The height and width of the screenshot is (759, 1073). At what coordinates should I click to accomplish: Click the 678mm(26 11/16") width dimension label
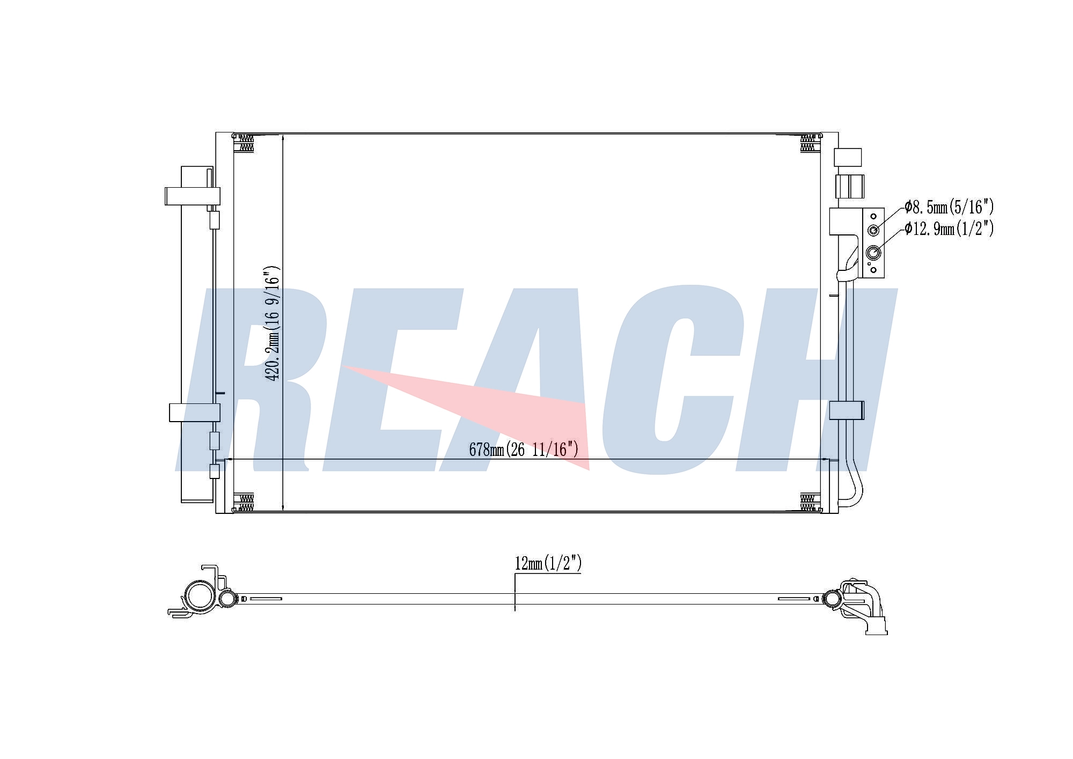click(x=524, y=449)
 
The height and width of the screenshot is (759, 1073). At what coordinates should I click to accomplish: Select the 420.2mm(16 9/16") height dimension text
click(x=274, y=323)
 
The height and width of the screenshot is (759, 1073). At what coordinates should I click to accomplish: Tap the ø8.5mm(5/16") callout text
click(x=949, y=207)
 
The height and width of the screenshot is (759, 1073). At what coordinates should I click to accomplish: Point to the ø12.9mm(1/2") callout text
click(x=949, y=229)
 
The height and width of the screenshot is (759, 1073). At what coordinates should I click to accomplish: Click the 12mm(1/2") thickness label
click(x=548, y=563)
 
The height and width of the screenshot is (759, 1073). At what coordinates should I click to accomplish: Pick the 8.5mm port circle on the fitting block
click(x=873, y=231)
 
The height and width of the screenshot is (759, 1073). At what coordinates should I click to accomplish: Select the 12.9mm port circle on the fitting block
click(x=873, y=253)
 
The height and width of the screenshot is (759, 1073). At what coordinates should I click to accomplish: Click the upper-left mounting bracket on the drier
click(x=192, y=196)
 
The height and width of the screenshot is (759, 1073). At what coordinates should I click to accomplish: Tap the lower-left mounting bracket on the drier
click(x=194, y=412)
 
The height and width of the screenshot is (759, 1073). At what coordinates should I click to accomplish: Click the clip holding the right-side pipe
click(x=847, y=410)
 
